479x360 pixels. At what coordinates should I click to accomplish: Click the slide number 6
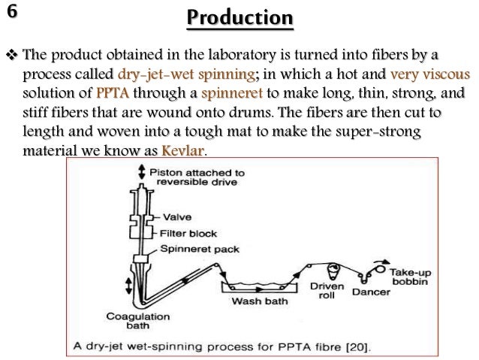point(14,14)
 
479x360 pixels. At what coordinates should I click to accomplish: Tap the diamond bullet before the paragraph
point(13,56)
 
